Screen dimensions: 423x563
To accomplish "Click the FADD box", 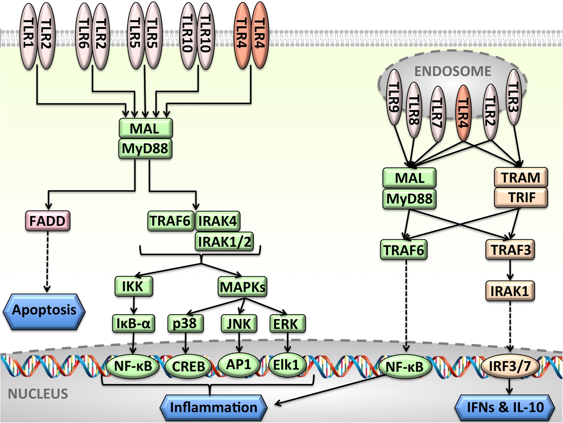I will click(48, 221).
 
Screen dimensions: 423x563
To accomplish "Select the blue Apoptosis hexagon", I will click(44, 310).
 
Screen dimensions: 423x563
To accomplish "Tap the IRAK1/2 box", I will click(224, 242).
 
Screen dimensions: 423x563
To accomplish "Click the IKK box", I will click(134, 286).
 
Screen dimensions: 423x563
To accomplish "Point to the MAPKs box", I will click(242, 287).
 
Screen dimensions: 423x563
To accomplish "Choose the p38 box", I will click(185, 324).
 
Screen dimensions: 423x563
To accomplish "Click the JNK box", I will click(239, 324).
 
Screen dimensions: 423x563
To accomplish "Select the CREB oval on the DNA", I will click(188, 366).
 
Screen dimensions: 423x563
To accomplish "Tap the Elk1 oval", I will click(287, 365).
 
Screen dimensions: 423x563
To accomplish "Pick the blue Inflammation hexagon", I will click(213, 407).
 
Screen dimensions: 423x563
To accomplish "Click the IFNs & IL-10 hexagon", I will click(505, 407).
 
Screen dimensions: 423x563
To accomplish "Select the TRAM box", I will click(520, 178).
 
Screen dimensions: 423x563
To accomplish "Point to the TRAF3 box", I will click(510, 249).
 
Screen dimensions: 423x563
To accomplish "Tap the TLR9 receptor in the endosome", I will click(394, 97).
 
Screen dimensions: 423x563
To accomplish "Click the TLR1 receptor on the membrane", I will click(28, 36).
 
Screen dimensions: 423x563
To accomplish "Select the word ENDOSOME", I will click(453, 71).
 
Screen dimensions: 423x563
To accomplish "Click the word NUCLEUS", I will click(38, 394).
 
